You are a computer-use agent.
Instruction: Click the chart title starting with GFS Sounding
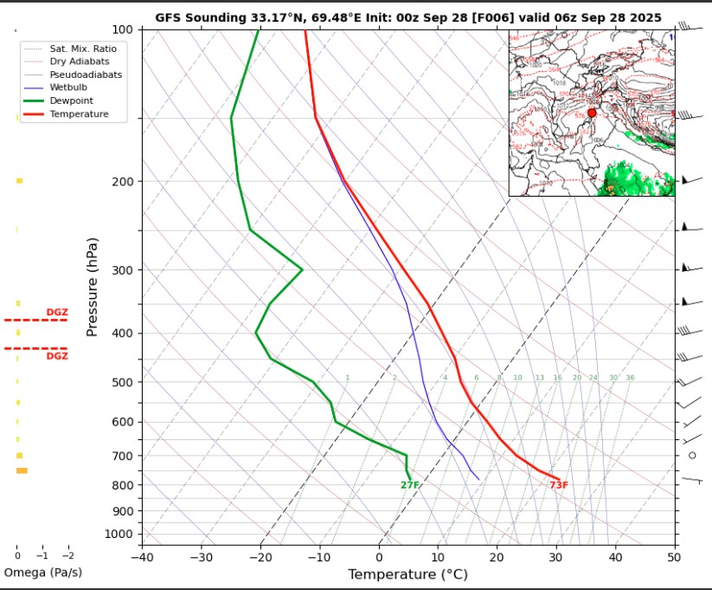tap(408, 18)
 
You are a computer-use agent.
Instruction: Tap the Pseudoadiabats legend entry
tap(85, 75)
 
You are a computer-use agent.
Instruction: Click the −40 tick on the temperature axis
tap(142, 556)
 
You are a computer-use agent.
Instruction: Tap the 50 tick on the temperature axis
tap(674, 556)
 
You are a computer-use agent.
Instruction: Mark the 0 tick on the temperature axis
tap(379, 556)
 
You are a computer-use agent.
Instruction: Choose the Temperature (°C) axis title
tap(407, 574)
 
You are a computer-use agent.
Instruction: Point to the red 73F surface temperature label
tap(559, 485)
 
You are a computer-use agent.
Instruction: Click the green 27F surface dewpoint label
tap(410, 485)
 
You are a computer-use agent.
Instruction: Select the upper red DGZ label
tap(56, 313)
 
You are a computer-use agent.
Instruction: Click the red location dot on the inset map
tap(592, 113)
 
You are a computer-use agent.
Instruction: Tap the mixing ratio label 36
tap(630, 378)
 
